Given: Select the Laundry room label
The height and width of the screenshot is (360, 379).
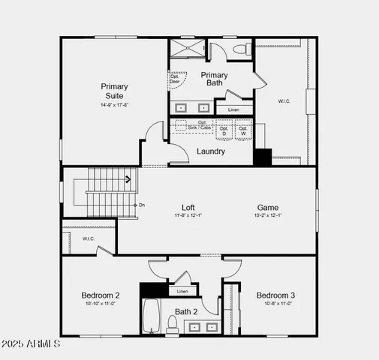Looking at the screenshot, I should [211, 151].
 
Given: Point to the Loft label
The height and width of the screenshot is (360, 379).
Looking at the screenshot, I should [188, 208].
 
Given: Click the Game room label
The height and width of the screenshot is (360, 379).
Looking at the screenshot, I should [268, 208].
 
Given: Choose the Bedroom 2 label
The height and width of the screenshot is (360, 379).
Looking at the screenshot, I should [101, 295].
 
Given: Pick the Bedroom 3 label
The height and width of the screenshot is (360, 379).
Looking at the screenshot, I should [275, 295].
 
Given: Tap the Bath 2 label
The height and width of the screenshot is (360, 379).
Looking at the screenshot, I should [186, 311].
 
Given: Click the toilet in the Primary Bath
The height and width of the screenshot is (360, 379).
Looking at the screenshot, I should [241, 49].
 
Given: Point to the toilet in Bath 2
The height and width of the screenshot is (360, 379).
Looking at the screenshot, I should [172, 323].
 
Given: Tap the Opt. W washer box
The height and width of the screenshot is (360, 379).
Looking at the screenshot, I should [243, 130].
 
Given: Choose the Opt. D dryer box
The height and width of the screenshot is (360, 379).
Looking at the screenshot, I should [224, 130].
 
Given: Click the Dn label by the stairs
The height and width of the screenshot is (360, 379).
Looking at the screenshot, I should [142, 205].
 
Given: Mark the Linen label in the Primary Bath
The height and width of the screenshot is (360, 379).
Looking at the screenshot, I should [234, 110].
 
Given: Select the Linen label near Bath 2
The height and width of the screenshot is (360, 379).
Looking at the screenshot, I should [182, 291].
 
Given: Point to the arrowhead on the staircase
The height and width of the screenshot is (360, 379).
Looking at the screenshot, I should [128, 179].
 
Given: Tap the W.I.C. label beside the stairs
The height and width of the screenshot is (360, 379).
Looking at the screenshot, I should [89, 238].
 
